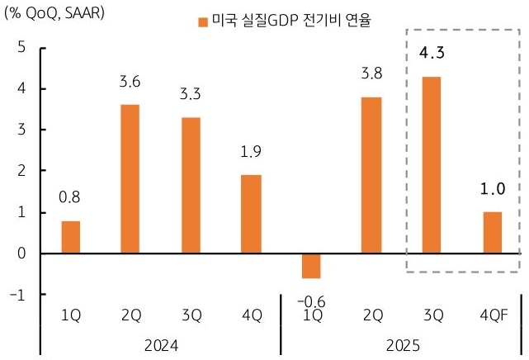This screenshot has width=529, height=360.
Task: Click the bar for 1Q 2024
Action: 71,237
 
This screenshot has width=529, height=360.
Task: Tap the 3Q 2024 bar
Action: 191,185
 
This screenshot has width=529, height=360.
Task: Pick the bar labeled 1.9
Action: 251,214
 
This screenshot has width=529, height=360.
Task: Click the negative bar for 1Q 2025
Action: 311,266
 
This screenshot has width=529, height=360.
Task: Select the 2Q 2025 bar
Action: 371,175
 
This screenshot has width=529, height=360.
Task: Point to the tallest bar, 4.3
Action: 432,164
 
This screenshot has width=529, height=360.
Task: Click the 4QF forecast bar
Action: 492,232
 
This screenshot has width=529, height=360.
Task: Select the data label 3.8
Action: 371,73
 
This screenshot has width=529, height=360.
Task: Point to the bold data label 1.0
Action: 492,189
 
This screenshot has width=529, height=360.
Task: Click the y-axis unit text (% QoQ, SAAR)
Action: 54,15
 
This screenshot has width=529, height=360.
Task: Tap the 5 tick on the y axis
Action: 21,47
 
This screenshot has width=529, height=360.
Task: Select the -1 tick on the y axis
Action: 19,295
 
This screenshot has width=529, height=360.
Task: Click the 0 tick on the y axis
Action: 21,253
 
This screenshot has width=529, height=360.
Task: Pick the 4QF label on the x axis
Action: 492,315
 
